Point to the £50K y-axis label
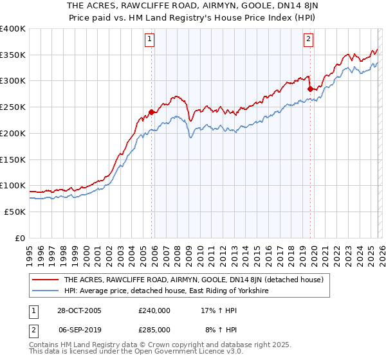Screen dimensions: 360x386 tap(15, 212)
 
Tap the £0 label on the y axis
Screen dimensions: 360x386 tap(21, 238)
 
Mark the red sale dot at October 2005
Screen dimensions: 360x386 tap(152, 112)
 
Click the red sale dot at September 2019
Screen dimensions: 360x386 tap(310, 89)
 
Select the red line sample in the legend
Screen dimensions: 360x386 tap(45, 280)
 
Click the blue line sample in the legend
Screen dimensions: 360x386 tap(45, 291)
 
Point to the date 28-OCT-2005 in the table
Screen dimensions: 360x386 tap(79, 310)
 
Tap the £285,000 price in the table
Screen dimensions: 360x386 tap(154, 329)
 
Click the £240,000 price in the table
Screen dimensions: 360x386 tap(154, 310)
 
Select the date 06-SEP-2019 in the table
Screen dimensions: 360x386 tap(79, 329)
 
